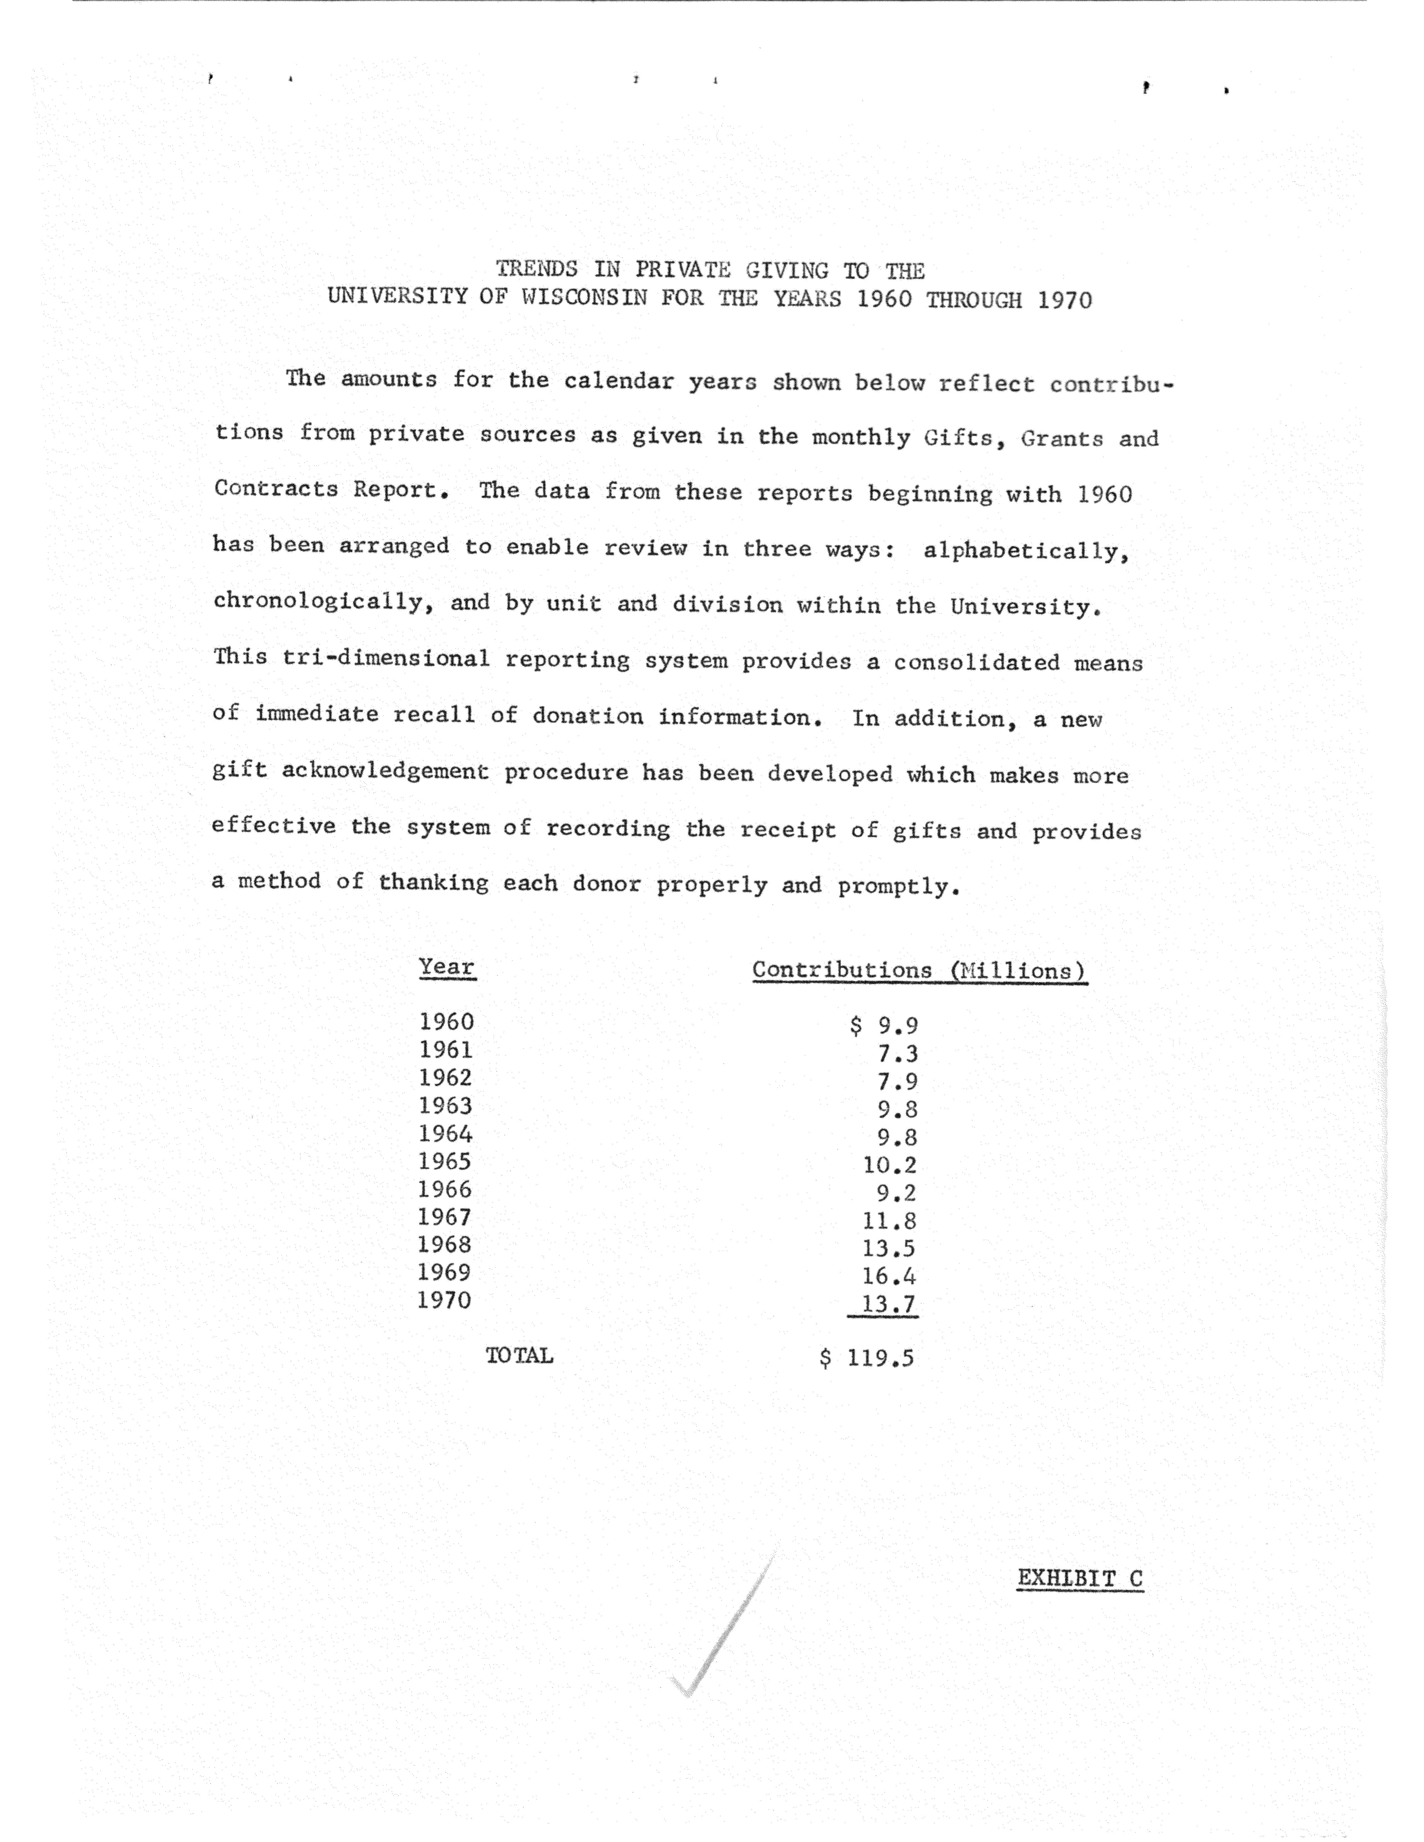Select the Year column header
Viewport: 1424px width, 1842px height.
[x=447, y=967]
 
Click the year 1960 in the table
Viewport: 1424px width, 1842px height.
[x=446, y=1022]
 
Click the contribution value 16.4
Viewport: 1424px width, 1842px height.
[x=889, y=1276]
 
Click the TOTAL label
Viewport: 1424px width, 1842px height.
[x=519, y=1355]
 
